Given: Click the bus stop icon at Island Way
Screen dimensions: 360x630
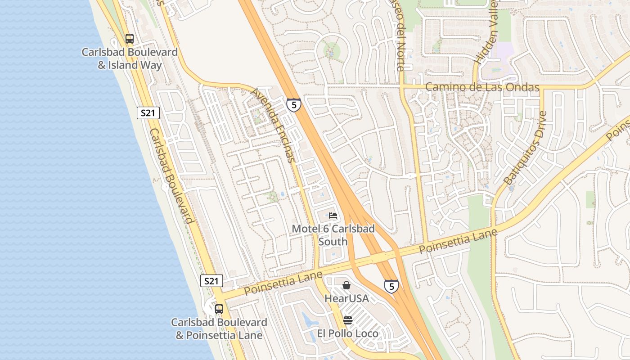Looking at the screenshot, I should (x=130, y=39).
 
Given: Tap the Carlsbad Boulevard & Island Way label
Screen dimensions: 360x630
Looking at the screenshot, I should (x=130, y=58).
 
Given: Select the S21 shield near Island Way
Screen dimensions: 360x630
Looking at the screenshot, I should (x=148, y=113).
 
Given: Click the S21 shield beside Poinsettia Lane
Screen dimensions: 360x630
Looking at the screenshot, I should (x=211, y=281).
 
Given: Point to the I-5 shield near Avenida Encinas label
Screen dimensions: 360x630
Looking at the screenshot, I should (x=294, y=105).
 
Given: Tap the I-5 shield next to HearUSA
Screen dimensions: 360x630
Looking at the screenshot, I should (x=391, y=286).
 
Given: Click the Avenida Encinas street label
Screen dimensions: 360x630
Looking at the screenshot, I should (x=274, y=125).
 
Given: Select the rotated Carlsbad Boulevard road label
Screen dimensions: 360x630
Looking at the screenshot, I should (x=171, y=176).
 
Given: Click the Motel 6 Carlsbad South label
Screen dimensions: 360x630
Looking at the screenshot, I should (x=333, y=235).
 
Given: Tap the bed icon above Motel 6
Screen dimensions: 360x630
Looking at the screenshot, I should (x=333, y=215).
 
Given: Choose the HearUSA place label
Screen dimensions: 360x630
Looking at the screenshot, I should (x=346, y=298).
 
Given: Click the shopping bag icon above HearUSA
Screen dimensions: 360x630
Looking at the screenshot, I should (x=346, y=285).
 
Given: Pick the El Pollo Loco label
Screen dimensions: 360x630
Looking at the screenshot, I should (x=347, y=333).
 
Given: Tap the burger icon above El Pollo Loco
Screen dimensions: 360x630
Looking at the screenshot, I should (x=348, y=320).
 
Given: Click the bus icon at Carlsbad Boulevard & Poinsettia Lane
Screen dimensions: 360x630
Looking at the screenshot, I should (x=219, y=309).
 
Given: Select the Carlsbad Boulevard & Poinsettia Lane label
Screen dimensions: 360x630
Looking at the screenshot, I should (x=219, y=329).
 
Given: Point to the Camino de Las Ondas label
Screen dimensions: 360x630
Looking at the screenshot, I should (x=482, y=87).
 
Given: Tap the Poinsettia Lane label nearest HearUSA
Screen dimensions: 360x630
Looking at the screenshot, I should (x=283, y=283).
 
